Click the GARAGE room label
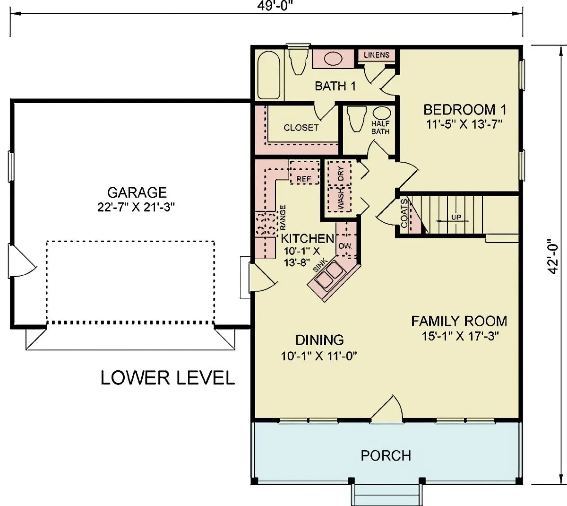pos(137,192)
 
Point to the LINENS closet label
pos(377,55)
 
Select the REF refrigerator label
pos(304,179)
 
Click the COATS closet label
pos(404,214)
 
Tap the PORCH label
pos(386,455)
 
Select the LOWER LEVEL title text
pos(168,378)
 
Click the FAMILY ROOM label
pos(459,322)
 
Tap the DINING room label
pos(319,340)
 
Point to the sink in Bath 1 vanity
pos(333,59)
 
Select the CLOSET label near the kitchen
pos(301,128)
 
